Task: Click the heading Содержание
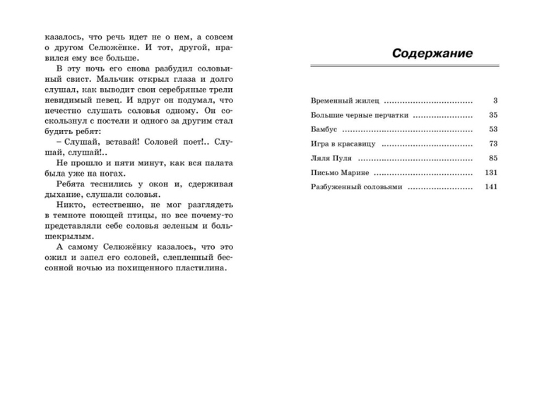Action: [x=432, y=54]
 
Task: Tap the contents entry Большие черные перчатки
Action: [x=359, y=115]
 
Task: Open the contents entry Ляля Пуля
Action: [x=331, y=158]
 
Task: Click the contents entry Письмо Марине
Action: [x=339, y=172]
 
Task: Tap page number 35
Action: [x=493, y=115]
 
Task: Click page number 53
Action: [x=493, y=130]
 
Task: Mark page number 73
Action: [x=493, y=144]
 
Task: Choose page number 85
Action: [x=493, y=158]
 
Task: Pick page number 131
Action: [x=492, y=172]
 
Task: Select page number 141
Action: [x=492, y=187]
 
